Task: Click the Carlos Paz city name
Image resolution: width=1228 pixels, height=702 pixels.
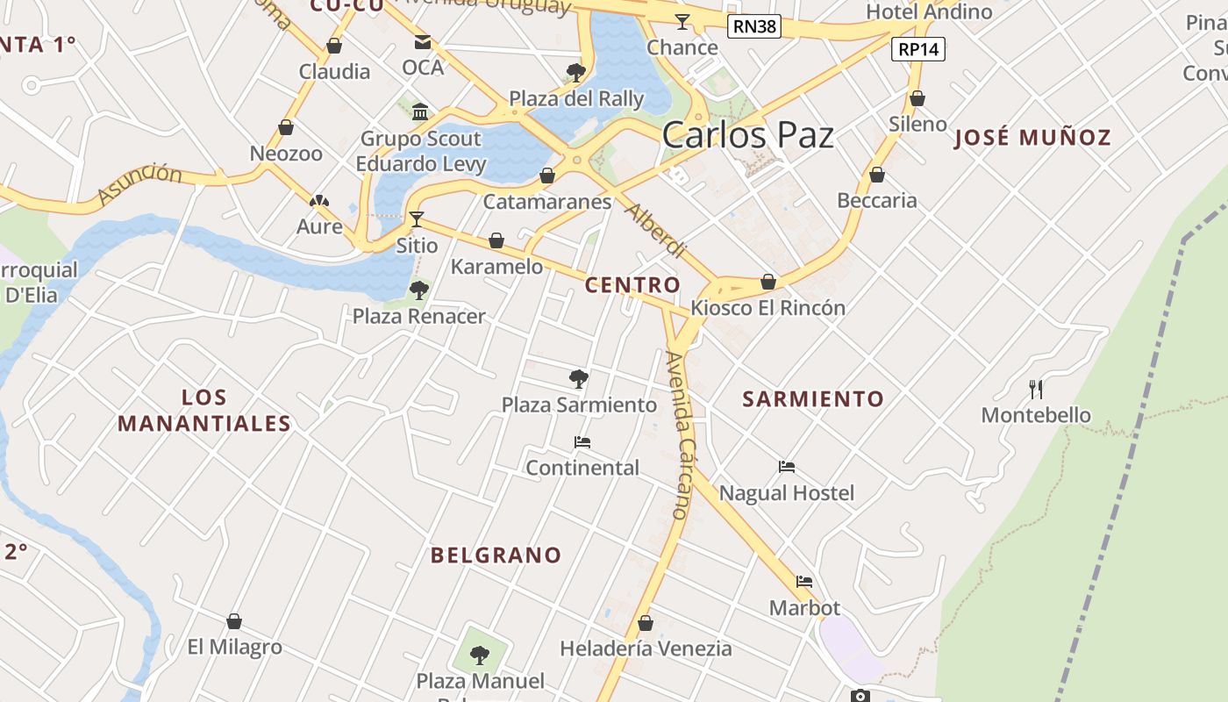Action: point(747,135)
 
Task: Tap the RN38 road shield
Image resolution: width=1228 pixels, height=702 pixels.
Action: point(754,26)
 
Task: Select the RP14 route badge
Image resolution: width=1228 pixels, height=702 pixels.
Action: point(918,49)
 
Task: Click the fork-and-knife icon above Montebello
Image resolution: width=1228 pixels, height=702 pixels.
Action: point(1036,389)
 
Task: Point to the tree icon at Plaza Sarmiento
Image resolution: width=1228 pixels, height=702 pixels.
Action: point(578,379)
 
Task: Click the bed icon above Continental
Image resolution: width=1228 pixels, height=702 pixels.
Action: point(582,441)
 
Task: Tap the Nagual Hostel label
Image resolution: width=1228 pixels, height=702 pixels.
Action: point(786,493)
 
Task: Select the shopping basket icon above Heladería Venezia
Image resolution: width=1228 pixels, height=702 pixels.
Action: point(646,623)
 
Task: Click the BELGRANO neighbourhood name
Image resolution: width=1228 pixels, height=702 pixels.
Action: point(496,555)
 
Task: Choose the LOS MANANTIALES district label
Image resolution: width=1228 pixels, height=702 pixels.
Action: point(204,411)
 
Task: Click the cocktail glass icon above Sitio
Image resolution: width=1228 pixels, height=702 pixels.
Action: point(417,218)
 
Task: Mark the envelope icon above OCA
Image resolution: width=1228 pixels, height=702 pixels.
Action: point(423,41)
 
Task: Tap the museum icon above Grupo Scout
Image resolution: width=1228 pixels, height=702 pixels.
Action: point(420,111)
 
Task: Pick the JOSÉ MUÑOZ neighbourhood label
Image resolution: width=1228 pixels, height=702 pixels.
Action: point(1032,138)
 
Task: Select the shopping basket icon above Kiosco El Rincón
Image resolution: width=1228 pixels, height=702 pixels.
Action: point(768,282)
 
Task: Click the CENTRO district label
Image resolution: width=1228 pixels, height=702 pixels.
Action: point(632,285)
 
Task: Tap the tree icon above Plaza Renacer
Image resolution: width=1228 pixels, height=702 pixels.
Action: point(419,290)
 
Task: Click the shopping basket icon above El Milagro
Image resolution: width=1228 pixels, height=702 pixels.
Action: point(234,621)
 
